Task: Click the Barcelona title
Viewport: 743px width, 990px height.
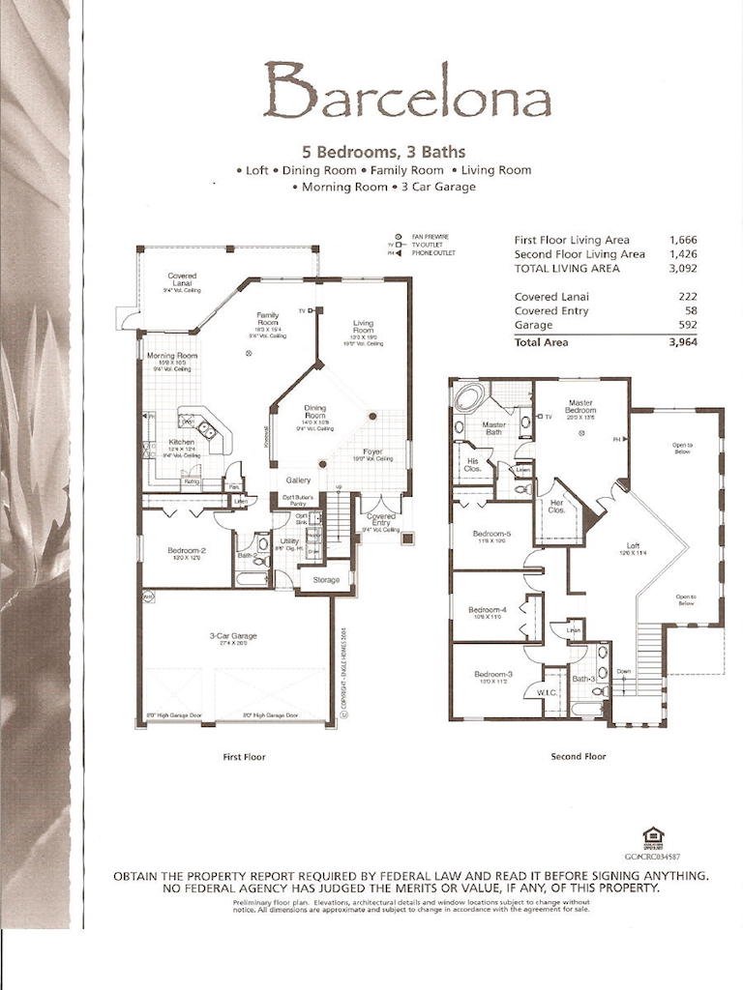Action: (x=406, y=92)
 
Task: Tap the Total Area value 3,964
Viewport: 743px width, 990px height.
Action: (x=680, y=341)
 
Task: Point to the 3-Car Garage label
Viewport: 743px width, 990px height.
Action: (x=232, y=635)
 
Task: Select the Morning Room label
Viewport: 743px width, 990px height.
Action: (x=172, y=356)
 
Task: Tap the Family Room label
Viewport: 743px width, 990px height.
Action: (x=268, y=316)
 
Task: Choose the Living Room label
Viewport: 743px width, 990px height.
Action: (x=364, y=325)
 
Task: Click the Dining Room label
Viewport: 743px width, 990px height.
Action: (x=315, y=409)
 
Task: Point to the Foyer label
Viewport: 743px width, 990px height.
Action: (x=373, y=451)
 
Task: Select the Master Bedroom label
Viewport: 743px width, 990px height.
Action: (x=580, y=406)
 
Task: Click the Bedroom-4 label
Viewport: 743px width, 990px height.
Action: (x=489, y=609)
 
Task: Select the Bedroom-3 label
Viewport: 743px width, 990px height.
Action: (x=492, y=674)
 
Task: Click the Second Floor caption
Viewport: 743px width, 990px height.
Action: (x=578, y=756)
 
